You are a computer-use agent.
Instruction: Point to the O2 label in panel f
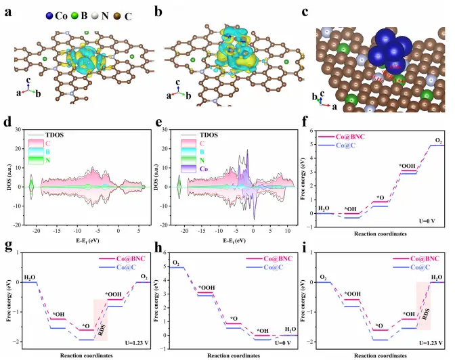tap(437, 140)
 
